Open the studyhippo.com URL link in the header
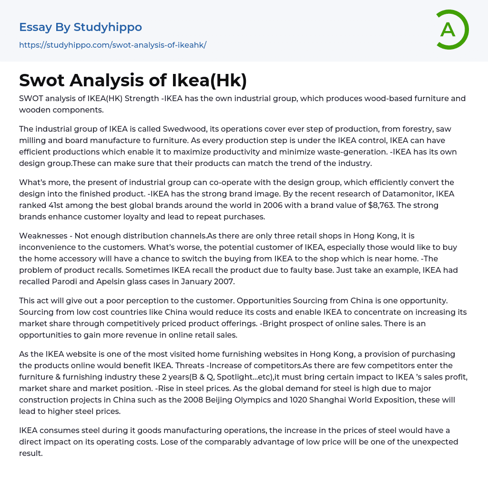click(x=112, y=45)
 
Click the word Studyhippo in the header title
click(x=108, y=27)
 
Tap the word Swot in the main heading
click(x=41, y=80)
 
